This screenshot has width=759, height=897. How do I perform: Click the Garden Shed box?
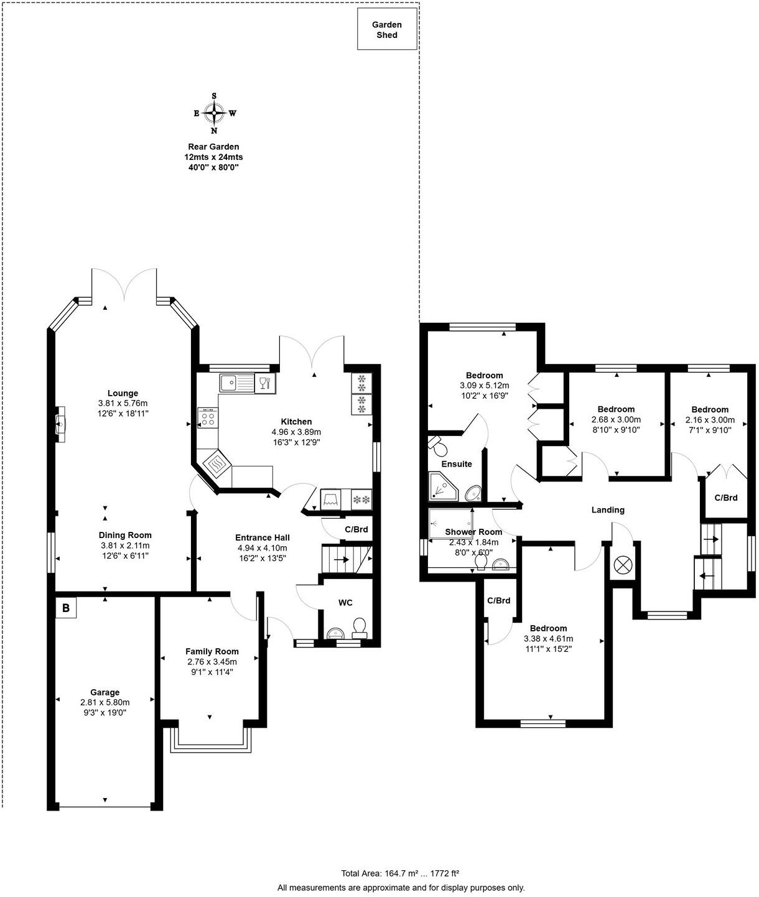387,29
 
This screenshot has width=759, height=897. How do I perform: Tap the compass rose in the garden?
214,113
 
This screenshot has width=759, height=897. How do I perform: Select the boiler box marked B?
65,608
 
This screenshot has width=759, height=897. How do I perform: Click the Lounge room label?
123,393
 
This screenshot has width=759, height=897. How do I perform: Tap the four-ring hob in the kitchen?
208,417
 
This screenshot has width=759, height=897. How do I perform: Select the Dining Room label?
125,535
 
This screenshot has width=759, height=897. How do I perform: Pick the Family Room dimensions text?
212,667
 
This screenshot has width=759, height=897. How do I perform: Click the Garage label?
105,692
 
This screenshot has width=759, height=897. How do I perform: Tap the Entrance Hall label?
262,537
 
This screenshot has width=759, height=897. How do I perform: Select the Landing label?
607,510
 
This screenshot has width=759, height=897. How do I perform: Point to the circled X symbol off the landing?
622,565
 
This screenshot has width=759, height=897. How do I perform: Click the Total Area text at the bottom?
400,873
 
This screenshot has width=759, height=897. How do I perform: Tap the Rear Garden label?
213,147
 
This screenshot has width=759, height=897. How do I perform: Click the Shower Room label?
473,532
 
